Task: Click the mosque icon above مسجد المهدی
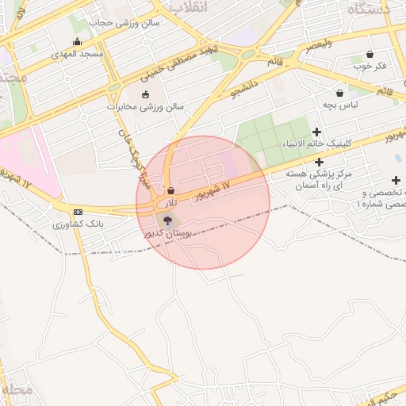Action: pos(77,42)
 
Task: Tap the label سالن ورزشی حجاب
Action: pos(124,23)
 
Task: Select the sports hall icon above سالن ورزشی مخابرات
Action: pos(145,95)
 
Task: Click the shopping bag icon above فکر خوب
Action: pos(370,54)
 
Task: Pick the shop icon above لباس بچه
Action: pos(339,93)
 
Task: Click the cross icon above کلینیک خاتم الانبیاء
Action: pos(317,132)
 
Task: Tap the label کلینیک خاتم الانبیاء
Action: pos(317,144)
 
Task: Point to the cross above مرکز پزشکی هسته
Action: pos(318,162)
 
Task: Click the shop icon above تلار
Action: pos(171,190)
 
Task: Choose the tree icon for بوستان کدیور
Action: pos(166,220)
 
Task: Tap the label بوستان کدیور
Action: pos(163,234)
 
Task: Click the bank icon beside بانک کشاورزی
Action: pos(77,212)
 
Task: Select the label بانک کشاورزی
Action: pos(79,224)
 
